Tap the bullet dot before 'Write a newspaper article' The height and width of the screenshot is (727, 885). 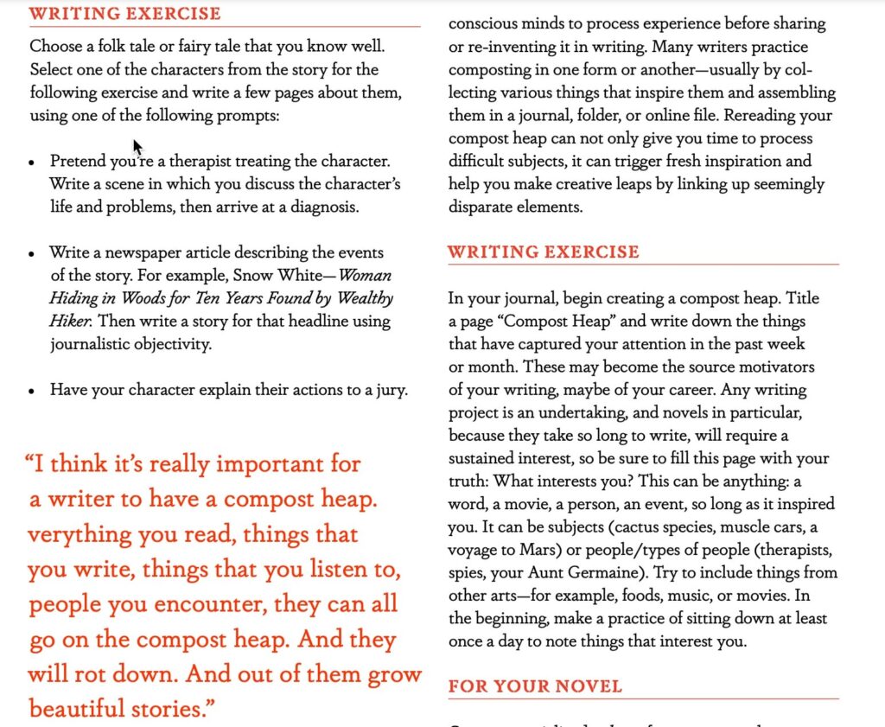32,254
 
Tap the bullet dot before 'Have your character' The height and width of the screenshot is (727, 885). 32,391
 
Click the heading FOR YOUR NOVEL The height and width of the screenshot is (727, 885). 535,686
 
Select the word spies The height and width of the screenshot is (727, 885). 468,572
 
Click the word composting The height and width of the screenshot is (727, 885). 489,69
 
